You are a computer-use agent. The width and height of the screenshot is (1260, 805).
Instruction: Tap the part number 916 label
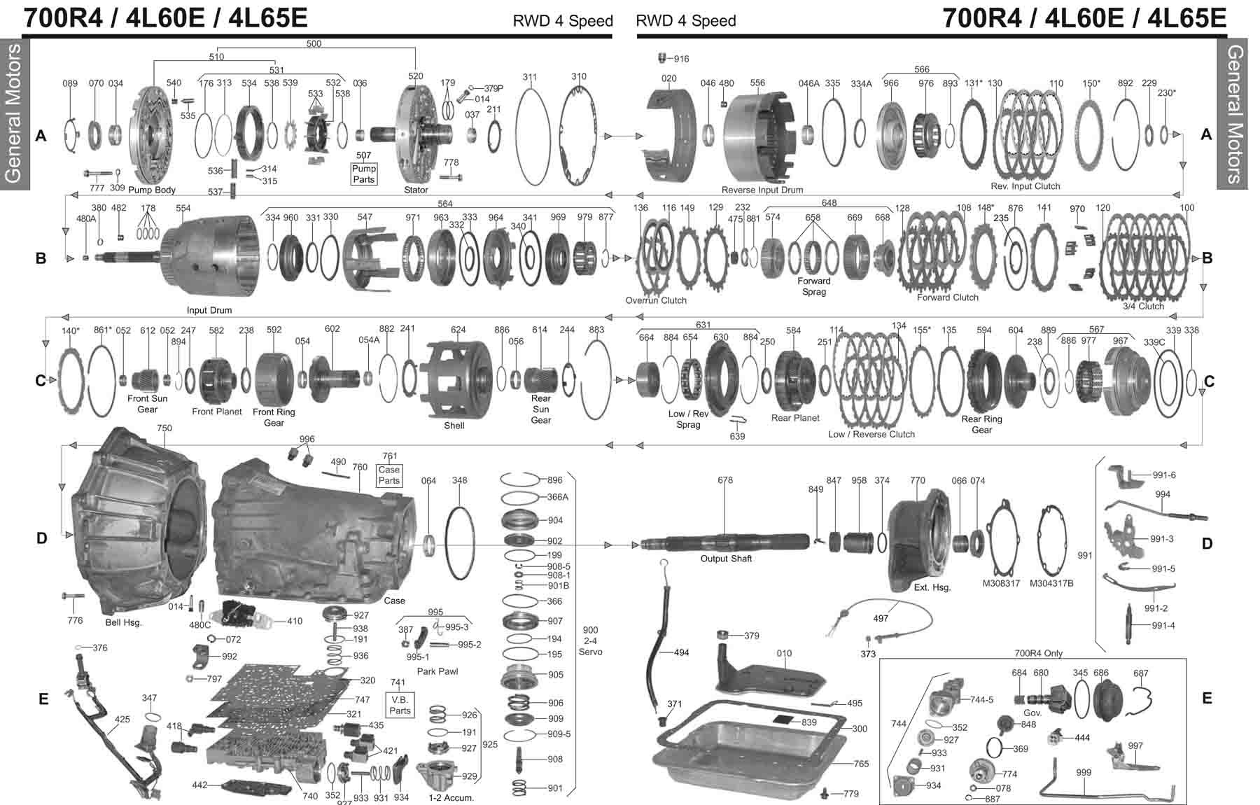tap(681, 59)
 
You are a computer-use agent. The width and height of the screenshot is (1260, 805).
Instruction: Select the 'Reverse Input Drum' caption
tap(762, 190)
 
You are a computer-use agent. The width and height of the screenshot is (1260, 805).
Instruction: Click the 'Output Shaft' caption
tap(726, 559)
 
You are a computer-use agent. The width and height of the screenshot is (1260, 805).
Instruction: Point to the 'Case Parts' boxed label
tap(389, 475)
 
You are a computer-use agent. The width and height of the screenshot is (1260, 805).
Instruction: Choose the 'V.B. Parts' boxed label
tap(400, 705)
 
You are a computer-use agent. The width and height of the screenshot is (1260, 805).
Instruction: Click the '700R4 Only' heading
tap(1038, 653)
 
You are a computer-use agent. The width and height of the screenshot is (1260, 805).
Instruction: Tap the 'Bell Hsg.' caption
tap(123, 622)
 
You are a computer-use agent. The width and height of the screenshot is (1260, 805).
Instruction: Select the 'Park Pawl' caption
tap(437, 671)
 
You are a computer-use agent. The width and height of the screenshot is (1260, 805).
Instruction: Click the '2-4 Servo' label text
tap(589, 640)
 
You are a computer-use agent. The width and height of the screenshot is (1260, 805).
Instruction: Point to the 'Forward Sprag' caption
tap(813, 286)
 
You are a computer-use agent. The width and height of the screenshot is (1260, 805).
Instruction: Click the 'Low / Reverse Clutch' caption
tap(871, 434)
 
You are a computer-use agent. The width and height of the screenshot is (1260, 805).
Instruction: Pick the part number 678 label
tap(725, 480)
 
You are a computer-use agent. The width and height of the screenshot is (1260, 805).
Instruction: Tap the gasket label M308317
tap(1001, 583)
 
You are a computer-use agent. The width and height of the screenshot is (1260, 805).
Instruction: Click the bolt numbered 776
tap(72, 596)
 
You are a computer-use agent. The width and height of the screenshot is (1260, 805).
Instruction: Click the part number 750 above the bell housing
tap(164, 428)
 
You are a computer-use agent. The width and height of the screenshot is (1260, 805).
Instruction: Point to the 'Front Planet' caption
tap(217, 412)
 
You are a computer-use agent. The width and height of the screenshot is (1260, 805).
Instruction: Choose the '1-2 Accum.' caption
tap(451, 797)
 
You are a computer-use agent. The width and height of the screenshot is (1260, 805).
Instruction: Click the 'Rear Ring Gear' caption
tap(981, 424)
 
